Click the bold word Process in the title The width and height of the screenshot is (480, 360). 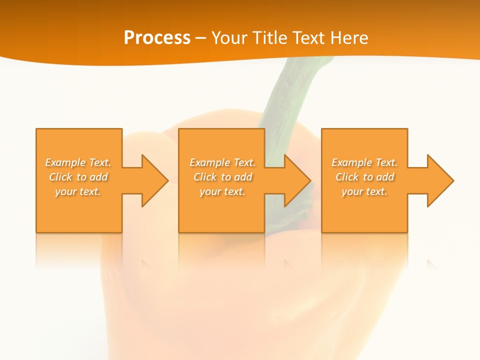tap(157, 38)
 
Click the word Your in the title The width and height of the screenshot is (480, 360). tap(228, 38)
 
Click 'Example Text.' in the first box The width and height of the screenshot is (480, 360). tap(78, 162)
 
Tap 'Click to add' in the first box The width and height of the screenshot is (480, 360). tap(78, 177)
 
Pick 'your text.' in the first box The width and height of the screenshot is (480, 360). tap(78, 191)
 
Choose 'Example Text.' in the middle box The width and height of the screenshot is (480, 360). tap(222, 162)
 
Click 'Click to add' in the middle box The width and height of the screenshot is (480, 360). tap(222, 177)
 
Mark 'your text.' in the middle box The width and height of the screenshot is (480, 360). tap(222, 191)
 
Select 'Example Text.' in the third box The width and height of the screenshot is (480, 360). tap(364, 162)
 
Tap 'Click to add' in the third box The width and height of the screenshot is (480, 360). tap(364, 177)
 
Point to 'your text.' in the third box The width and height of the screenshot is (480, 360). tap(364, 191)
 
